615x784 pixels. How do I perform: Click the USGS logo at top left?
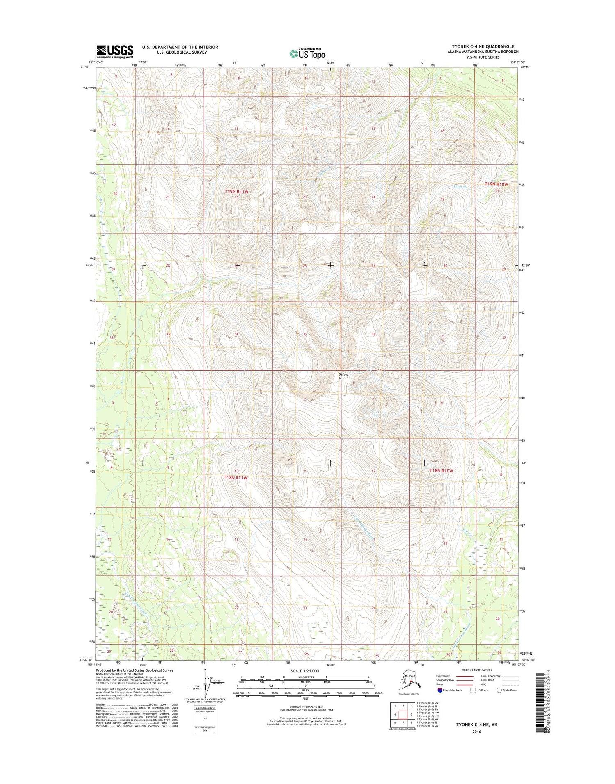115,51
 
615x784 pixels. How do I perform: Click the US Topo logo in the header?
307,53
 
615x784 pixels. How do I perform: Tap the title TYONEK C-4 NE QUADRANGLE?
483,46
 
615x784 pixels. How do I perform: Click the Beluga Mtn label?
344,376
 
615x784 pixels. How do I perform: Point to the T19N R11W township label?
237,191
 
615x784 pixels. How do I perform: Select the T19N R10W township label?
496,185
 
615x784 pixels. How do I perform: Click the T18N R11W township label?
236,478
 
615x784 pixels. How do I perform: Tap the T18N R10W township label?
441,471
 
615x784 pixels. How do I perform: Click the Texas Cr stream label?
460,187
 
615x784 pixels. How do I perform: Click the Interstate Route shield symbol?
440,690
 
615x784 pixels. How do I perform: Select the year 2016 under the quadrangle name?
476,732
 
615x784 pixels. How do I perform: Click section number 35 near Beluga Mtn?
305,334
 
